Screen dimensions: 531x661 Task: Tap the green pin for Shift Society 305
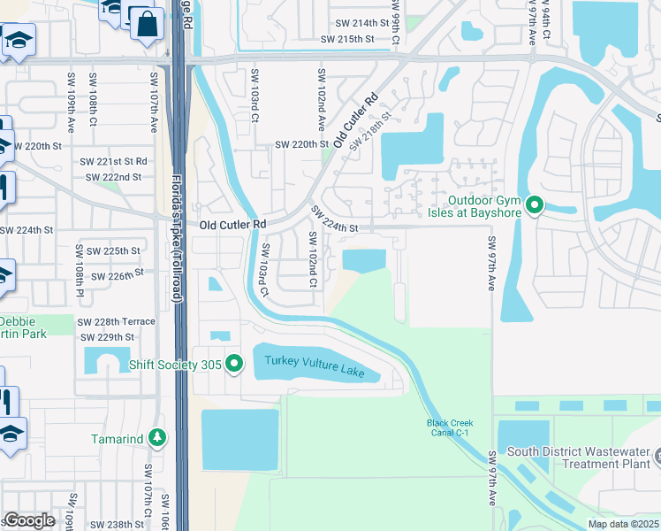tap(234, 364)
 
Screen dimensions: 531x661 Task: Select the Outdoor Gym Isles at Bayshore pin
tap(534, 205)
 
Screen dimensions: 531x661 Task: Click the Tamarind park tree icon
tap(156, 437)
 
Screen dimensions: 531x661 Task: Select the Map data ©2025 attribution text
tap(623, 524)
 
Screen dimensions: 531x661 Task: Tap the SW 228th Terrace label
tap(116, 321)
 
